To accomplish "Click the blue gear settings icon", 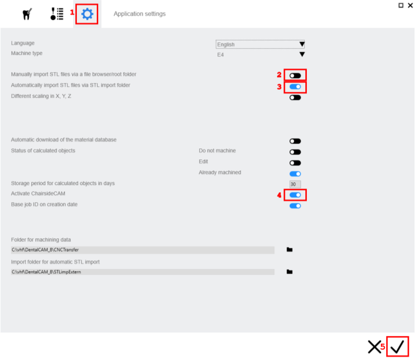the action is point(87,14).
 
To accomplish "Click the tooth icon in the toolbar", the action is point(27,14).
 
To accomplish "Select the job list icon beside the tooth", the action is point(57,14).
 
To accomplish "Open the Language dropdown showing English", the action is point(260,44).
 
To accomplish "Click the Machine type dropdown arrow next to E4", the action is point(302,54).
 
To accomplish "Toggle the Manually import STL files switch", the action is point(295,76).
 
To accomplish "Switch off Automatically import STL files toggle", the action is point(295,87).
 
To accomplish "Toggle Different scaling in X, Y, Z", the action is point(295,98).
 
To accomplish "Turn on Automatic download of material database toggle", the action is point(295,141).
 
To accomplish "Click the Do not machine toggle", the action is point(295,152).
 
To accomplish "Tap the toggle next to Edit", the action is point(295,163).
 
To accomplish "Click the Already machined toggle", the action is point(295,174).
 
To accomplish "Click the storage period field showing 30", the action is point(295,184).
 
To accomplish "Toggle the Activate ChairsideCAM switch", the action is point(295,195).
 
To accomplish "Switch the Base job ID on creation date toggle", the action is point(295,206).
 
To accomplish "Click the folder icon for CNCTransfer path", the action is point(290,249).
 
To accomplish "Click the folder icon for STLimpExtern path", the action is point(290,272).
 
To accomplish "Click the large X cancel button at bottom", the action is point(375,347).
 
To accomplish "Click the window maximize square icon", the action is point(401,5).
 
